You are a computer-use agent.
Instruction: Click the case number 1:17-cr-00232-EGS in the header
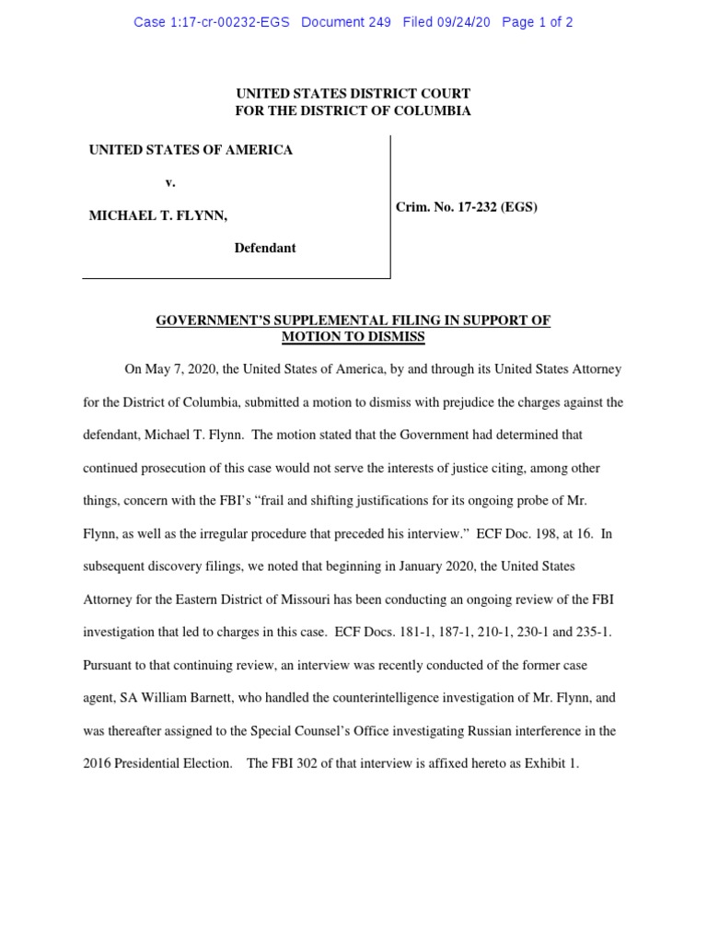coord(211,22)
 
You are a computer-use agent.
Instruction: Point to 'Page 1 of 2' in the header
coord(538,22)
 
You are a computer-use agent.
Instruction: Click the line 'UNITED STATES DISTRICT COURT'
coord(353,94)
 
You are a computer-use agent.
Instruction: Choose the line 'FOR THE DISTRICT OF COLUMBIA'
coord(353,111)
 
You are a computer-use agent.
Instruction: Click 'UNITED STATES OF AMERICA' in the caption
coord(191,149)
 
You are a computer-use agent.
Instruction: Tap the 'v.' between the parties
coord(169,182)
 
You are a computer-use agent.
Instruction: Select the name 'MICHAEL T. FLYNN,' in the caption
coord(157,215)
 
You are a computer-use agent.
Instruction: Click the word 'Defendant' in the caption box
coord(265,248)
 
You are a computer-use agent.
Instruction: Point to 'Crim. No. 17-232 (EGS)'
coord(467,207)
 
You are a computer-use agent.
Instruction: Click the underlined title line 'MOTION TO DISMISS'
coord(353,337)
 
